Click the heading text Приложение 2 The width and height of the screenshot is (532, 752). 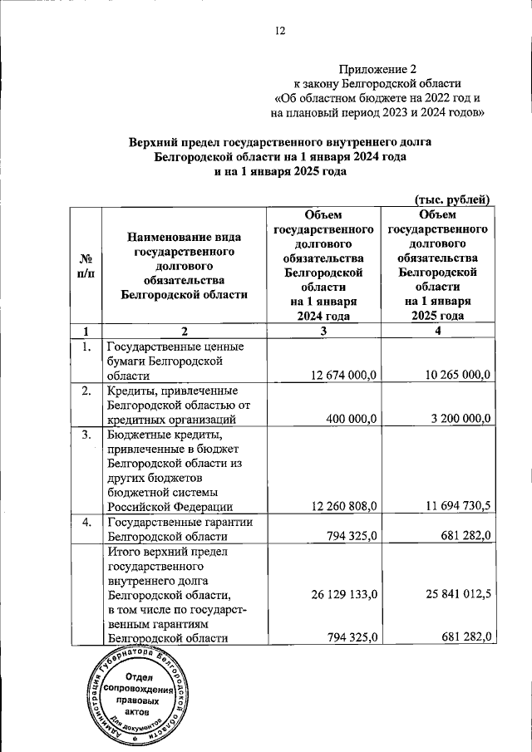(x=377, y=68)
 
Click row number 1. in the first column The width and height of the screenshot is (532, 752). (x=85, y=347)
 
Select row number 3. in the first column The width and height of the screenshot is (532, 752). (x=85, y=434)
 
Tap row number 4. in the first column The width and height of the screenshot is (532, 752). (x=85, y=523)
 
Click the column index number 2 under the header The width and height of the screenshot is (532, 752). (x=184, y=331)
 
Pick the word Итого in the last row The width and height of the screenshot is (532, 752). (x=125, y=552)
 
